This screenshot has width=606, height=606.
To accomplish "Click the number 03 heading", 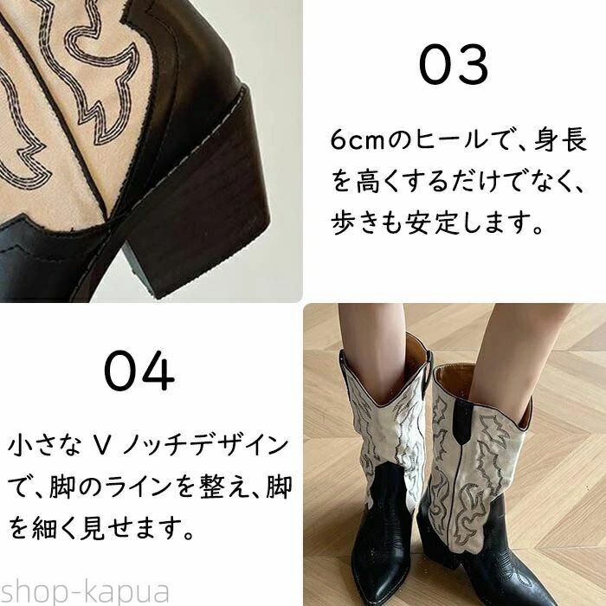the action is tap(454, 65).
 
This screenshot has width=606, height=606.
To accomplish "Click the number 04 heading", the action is tap(139, 371).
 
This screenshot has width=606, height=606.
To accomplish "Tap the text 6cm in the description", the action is tap(358, 140).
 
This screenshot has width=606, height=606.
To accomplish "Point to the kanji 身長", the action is tap(560, 139).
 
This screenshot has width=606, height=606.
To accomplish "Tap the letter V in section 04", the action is tap(102, 446).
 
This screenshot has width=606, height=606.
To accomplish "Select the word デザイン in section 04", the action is tap(240, 445).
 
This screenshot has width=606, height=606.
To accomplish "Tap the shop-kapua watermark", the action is tap(84, 591).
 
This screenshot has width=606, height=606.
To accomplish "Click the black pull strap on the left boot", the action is tap(427, 374).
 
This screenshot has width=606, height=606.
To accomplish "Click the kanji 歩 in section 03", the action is tap(343, 222).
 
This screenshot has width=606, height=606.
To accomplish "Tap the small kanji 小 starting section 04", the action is tap(20, 446).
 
